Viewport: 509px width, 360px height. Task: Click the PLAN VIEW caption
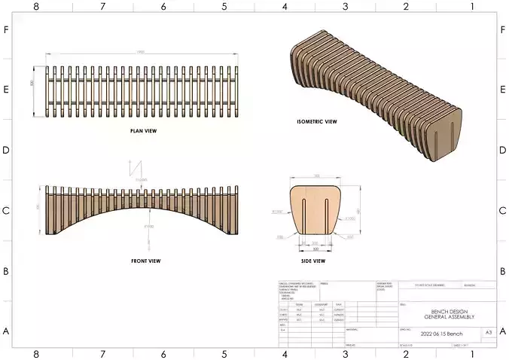coord(144,130)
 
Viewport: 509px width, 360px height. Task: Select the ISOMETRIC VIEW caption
coord(317,121)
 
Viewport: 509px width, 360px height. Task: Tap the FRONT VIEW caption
coord(145,261)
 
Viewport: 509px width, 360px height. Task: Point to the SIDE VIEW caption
coord(313,261)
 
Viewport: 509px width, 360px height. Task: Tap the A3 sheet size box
coord(488,331)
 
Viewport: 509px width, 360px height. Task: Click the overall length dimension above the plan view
coord(141,52)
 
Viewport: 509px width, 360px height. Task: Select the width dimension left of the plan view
coord(32,84)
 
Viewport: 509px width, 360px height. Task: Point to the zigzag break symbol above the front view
coord(139,169)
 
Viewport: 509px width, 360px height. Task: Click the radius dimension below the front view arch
coord(149,226)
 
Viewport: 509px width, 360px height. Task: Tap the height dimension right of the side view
coord(360,210)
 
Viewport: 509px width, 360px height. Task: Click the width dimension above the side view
coord(316,175)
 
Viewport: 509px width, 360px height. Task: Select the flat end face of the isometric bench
coord(444,135)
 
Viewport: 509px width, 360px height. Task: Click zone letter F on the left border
coord(6,30)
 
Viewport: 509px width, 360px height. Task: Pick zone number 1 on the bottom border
coord(471,354)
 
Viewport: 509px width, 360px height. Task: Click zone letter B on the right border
coord(503,270)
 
